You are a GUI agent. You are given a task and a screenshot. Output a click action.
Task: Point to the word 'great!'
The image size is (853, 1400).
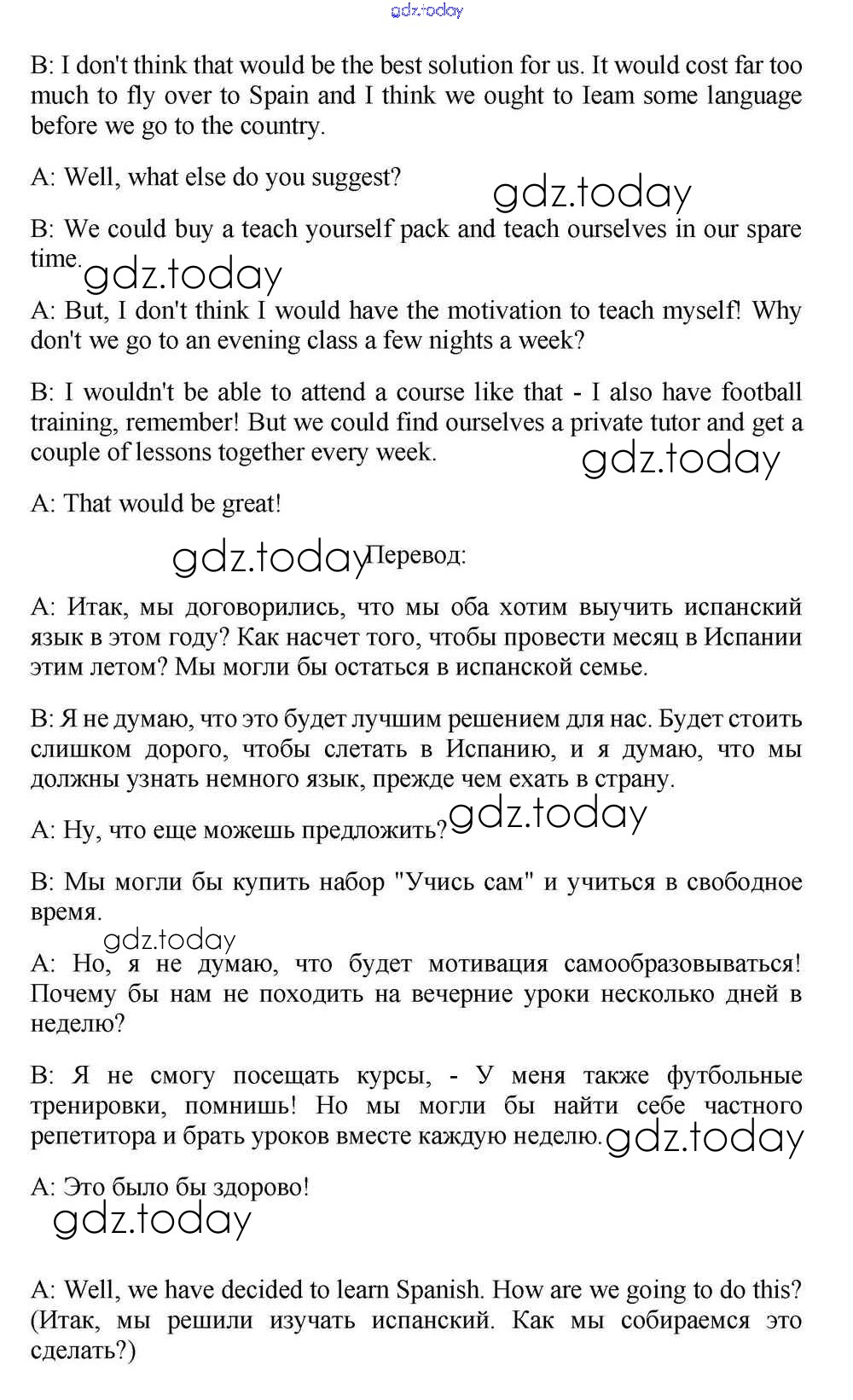[251, 504]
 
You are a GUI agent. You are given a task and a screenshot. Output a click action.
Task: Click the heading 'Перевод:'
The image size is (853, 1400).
[415, 556]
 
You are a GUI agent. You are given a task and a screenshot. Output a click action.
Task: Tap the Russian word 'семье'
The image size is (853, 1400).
[611, 667]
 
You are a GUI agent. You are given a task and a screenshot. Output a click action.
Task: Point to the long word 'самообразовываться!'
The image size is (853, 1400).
[682, 964]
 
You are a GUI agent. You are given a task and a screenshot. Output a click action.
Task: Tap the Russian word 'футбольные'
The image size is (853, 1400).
[734, 1076]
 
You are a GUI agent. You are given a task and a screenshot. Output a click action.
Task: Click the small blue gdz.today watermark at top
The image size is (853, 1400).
[426, 10]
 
